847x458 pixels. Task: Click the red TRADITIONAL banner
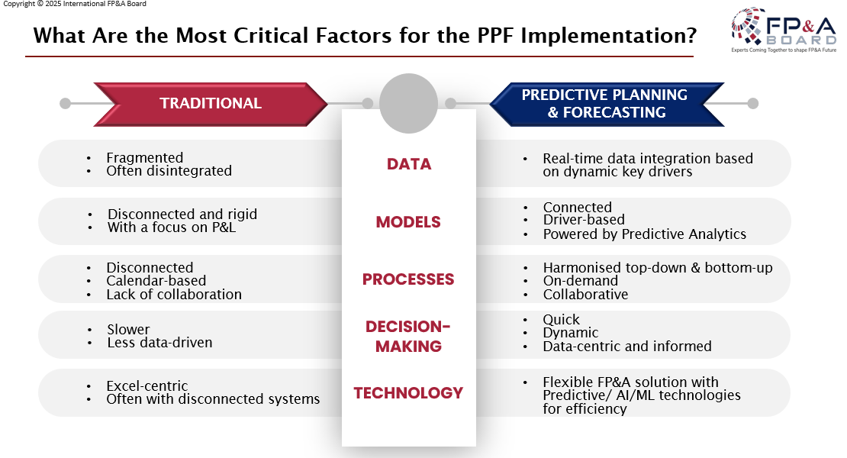click(x=211, y=105)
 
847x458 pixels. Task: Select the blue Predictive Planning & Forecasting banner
click(x=607, y=105)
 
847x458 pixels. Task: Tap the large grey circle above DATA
click(x=408, y=103)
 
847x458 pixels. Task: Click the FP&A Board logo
click(x=783, y=30)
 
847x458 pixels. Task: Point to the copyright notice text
click(x=75, y=4)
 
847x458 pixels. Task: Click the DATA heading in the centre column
click(x=409, y=164)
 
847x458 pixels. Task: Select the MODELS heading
click(x=408, y=222)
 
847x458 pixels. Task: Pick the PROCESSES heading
click(x=408, y=279)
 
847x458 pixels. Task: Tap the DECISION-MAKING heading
click(x=408, y=336)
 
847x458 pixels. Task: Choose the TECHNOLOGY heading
click(x=408, y=392)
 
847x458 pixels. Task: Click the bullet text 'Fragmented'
click(x=145, y=158)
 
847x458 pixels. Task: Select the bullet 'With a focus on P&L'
click(x=172, y=227)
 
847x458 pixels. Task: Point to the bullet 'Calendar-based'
click(x=156, y=281)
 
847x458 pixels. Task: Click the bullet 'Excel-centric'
click(x=147, y=385)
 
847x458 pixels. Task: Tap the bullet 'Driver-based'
click(x=584, y=220)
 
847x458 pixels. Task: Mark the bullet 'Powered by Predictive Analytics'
click(x=645, y=234)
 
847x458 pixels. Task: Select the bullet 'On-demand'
click(x=581, y=281)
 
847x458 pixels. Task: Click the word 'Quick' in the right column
click(x=562, y=320)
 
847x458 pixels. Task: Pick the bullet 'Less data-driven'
click(x=160, y=343)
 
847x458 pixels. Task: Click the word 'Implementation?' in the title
click(x=609, y=36)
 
